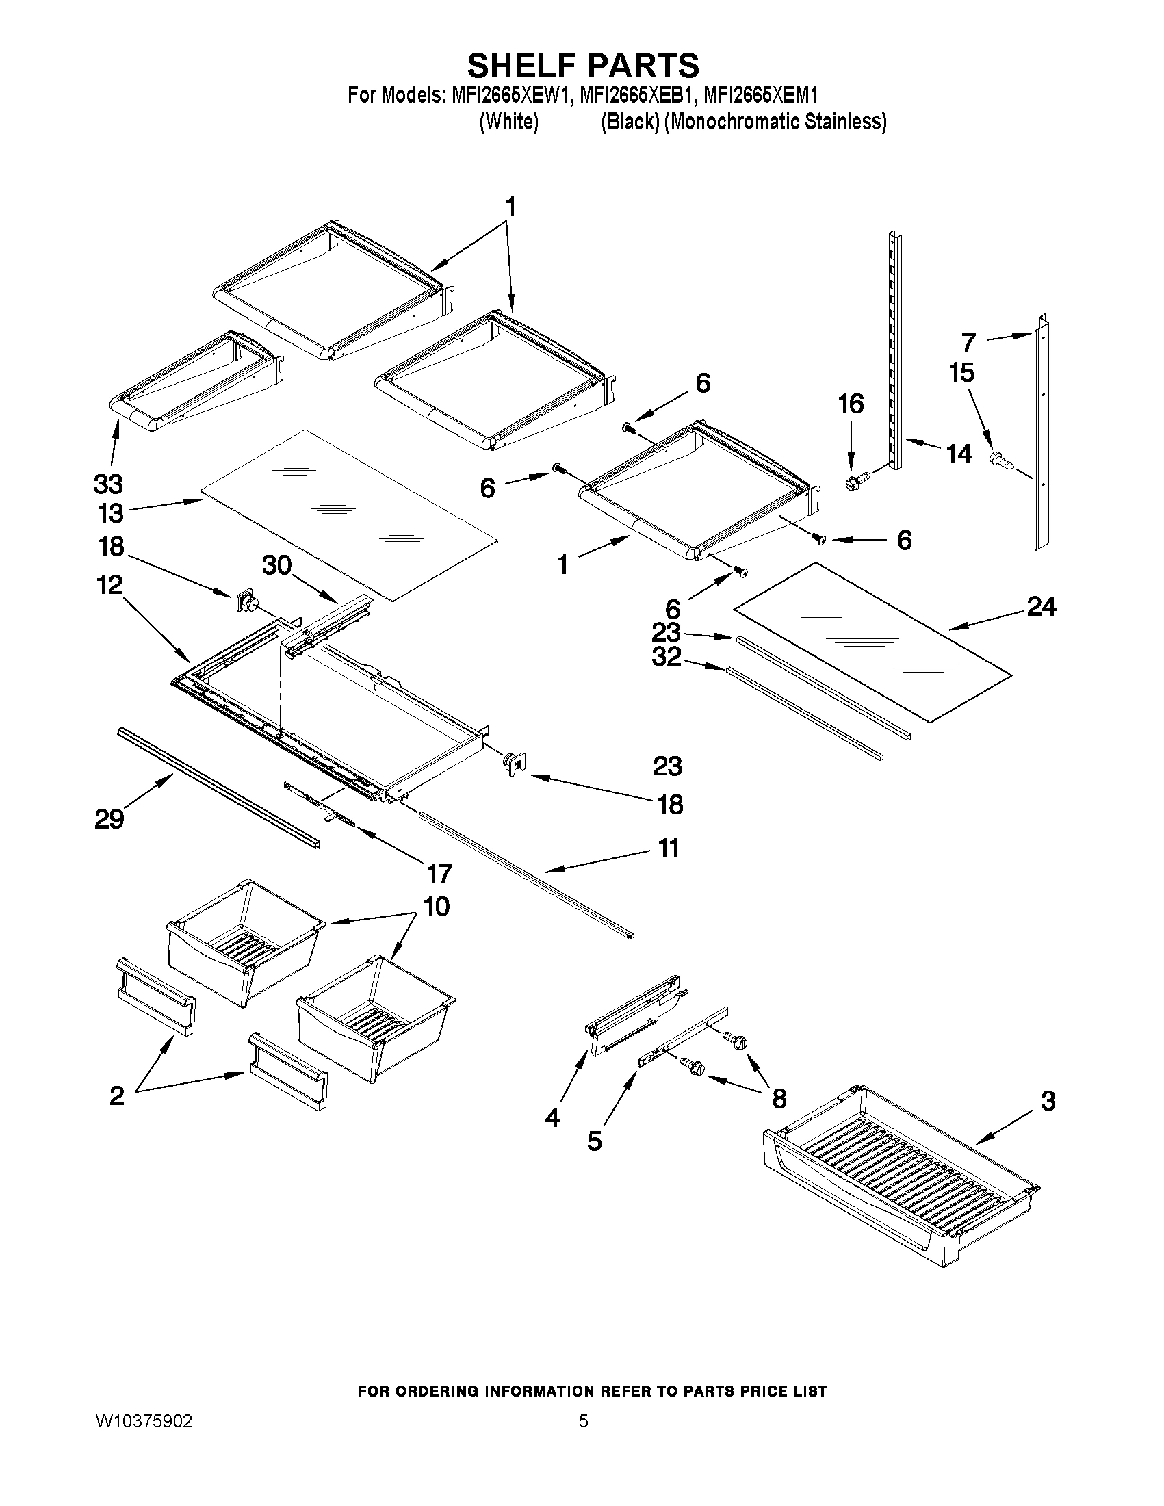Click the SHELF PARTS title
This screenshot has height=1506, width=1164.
tap(583, 66)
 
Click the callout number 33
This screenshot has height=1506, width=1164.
tap(108, 484)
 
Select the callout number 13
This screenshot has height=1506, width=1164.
tap(110, 514)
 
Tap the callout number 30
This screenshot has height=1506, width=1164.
tap(277, 565)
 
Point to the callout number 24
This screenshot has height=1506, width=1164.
tap(1042, 607)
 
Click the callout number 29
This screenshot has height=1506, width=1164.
tap(109, 820)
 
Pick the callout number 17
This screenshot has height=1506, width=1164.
tap(439, 874)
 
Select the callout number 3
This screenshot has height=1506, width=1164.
tap(1048, 1101)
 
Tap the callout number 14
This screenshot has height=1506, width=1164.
tap(959, 454)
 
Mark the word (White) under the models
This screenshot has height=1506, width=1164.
tap(508, 122)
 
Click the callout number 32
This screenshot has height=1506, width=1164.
tap(666, 657)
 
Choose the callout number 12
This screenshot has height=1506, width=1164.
tap(109, 586)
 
